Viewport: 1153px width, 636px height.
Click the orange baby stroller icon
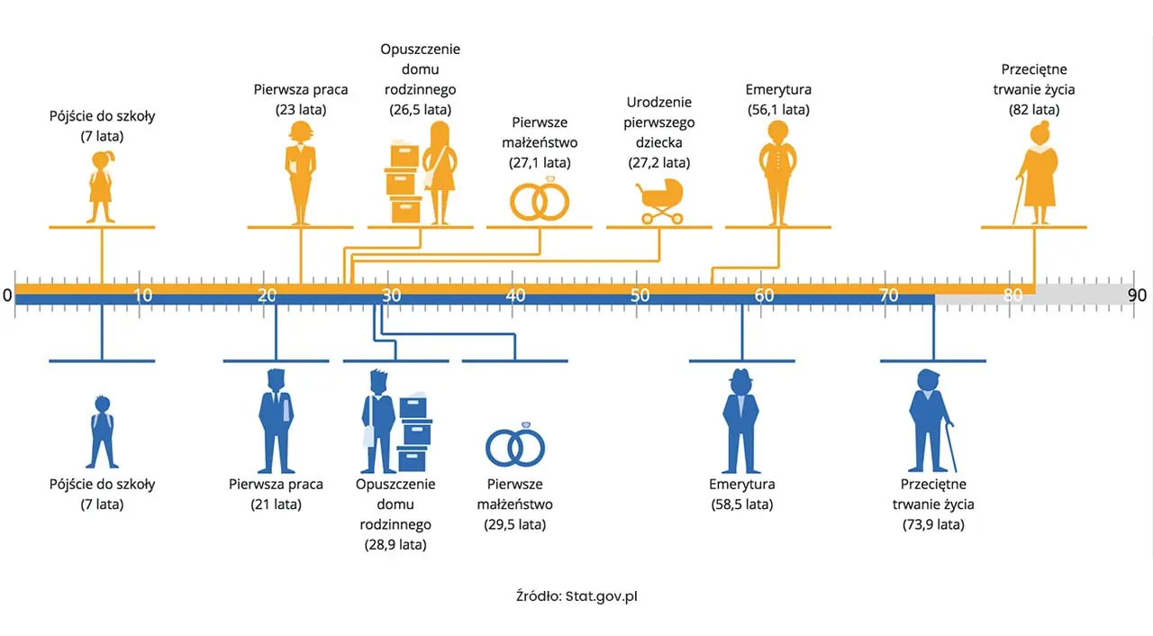pos(659,199)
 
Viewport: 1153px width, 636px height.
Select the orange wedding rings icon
pos(540,200)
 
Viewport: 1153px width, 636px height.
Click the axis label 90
pos(1136,295)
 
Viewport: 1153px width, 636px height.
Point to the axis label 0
pos(7,295)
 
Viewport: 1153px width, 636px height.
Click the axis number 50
pos(640,295)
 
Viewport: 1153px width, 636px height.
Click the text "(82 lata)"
pos(1033,110)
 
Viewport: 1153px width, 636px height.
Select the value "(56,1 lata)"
pos(778,110)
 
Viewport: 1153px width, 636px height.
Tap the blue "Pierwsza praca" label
pos(276,484)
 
